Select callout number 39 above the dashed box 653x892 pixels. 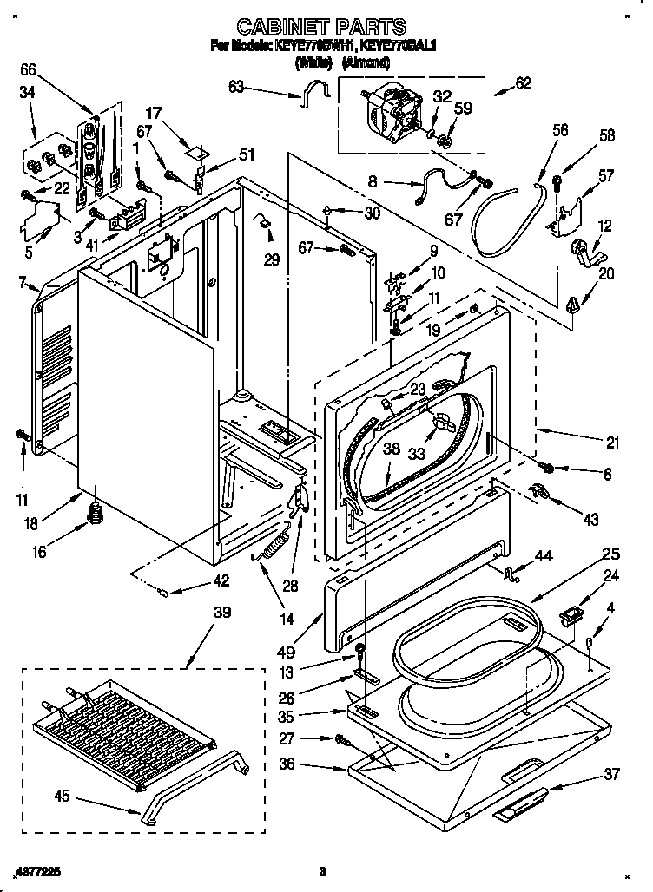pos(222,613)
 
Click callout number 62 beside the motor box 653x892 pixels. pos(522,84)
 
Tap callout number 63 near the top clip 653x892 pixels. pos(235,86)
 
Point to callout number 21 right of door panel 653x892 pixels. pos(613,443)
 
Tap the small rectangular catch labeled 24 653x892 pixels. pos(570,619)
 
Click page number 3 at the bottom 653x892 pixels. pos(321,870)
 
